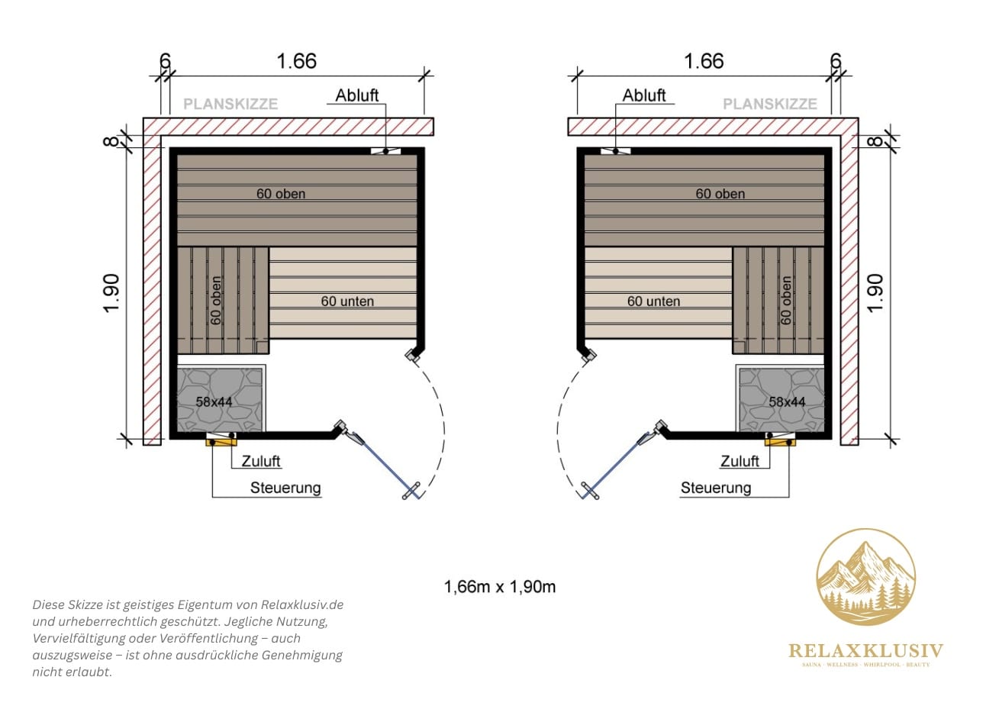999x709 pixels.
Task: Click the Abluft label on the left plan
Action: (357, 95)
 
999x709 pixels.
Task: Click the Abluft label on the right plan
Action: (644, 95)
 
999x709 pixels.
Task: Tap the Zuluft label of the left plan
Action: (261, 461)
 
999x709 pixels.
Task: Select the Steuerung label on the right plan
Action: (716, 488)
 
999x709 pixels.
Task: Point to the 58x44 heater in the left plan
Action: (221, 398)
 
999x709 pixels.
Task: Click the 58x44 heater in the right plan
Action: (781, 398)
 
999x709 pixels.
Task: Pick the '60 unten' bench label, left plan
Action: (347, 301)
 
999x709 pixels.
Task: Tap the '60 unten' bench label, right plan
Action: (654, 301)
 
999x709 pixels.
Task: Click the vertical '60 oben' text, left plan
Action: (216, 301)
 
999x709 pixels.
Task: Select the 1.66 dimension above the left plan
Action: (297, 61)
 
